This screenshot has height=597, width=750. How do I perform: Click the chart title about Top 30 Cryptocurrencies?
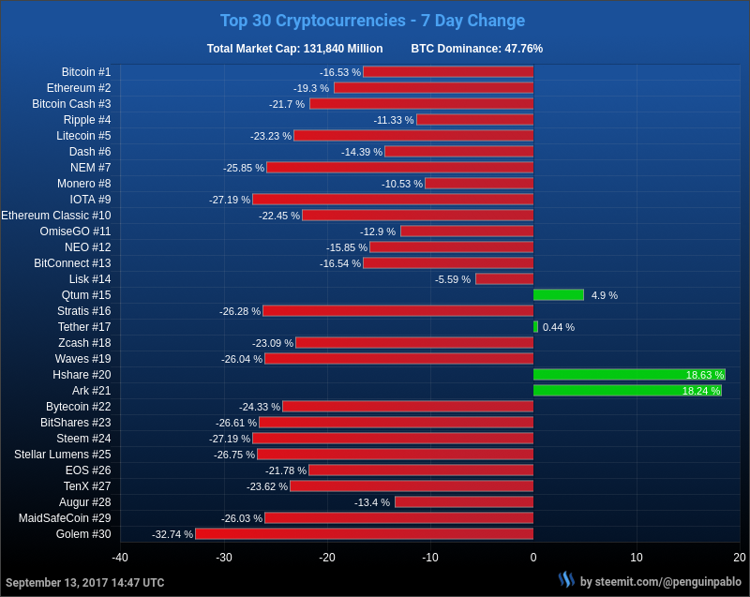pos(372,21)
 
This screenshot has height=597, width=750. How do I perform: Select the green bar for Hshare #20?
pos(629,374)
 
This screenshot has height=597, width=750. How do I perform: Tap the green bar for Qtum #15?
pos(558,294)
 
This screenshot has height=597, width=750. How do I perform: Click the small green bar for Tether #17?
pos(535,326)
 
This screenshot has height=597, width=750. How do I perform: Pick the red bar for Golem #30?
pos(364,533)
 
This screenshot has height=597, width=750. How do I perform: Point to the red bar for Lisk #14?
pos(504,278)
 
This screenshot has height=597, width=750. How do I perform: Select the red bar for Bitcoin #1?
pos(448,71)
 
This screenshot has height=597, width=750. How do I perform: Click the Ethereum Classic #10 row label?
pos(56,215)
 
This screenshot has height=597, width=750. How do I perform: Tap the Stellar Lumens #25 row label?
pos(63,454)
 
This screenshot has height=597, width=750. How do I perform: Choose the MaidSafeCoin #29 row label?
pos(65,517)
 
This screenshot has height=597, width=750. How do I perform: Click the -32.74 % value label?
pos(172,534)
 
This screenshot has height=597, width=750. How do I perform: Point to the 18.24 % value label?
pos(700,391)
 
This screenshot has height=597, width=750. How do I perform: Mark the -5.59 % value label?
pos(453,279)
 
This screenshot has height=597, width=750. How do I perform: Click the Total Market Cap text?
pos(294,49)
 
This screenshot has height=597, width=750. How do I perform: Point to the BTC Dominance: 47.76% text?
pos(476,49)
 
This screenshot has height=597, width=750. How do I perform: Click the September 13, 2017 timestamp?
pos(84,582)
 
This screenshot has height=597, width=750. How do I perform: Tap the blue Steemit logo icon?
pos(566,580)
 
